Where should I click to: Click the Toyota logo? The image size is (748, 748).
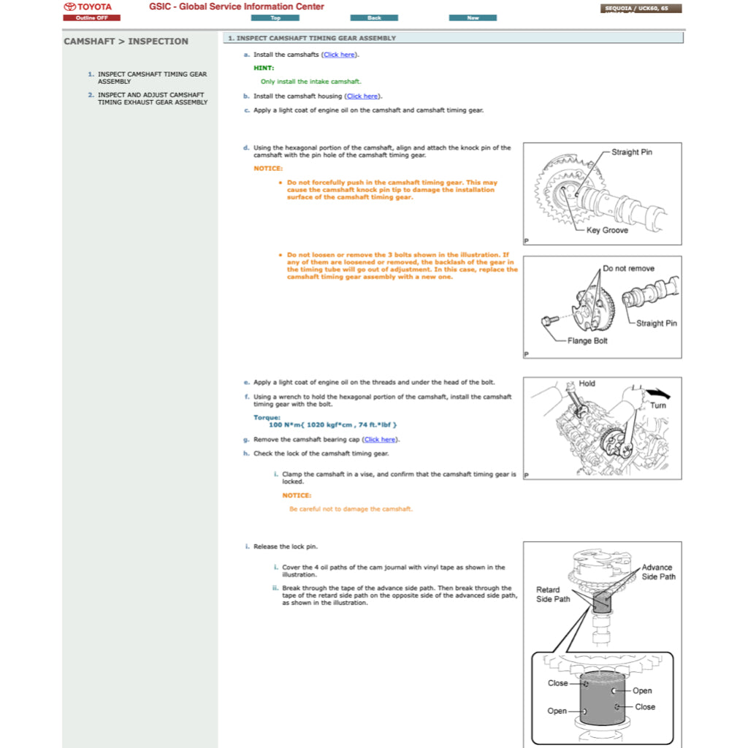88,7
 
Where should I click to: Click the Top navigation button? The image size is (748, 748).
275,18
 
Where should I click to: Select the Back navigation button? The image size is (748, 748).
374,18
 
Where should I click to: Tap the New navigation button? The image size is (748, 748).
473,18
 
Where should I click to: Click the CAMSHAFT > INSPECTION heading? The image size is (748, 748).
126,42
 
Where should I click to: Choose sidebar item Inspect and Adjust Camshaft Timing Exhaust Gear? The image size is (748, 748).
152,99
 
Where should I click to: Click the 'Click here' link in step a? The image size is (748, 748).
340,55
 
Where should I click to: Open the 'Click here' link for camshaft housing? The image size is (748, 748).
362,96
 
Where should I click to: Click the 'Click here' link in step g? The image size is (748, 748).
381,440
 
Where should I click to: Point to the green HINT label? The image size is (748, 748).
264,68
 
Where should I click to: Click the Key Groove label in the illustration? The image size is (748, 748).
606,230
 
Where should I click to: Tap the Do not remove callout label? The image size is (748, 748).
628,268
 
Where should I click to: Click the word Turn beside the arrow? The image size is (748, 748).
657,405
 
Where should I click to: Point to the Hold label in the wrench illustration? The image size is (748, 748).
587,383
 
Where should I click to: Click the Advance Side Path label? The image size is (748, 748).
657,572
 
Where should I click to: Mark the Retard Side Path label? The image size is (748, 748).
553,595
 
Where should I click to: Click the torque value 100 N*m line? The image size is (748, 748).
333,424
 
